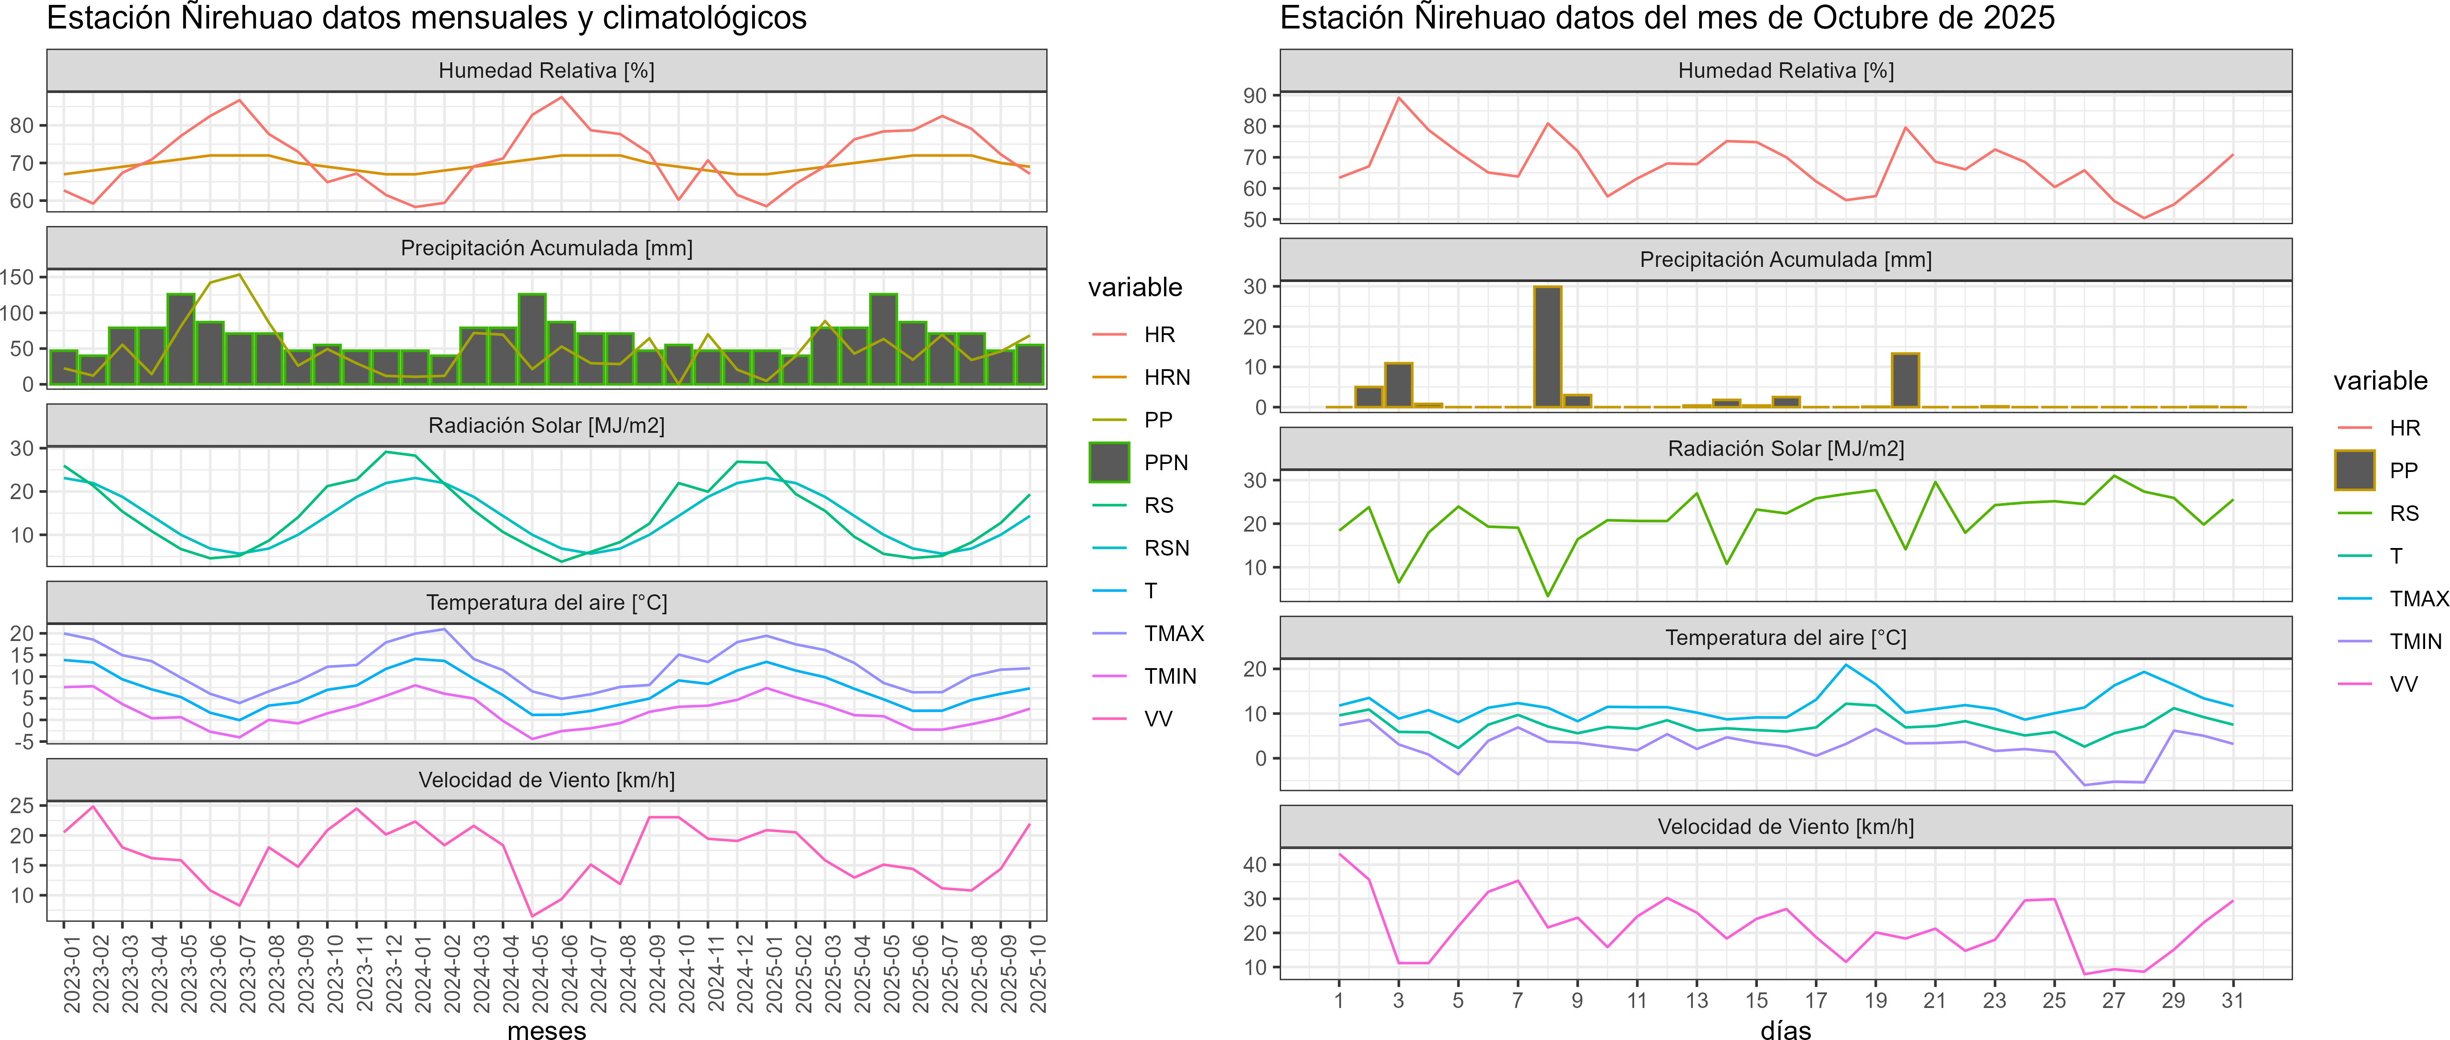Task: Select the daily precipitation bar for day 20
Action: coord(1905,381)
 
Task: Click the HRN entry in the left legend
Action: coord(1166,378)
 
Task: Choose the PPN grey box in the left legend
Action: coord(1109,463)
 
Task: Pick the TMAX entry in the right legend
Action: coord(2418,598)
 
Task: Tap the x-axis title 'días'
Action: coord(1785,1031)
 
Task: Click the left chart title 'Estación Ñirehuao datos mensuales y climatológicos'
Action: coord(426,18)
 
